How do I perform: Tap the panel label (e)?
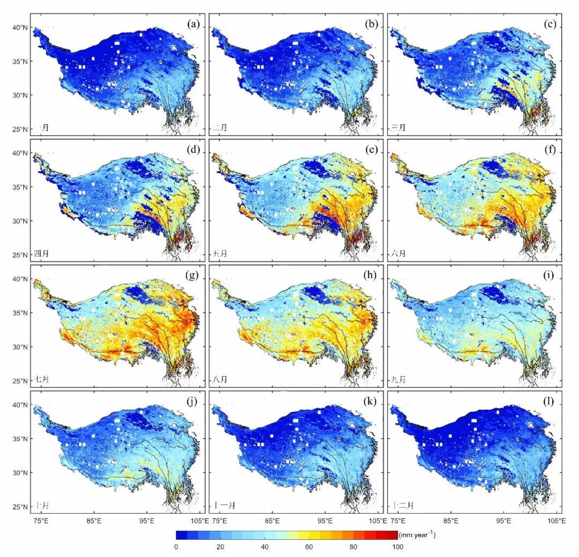click(372, 149)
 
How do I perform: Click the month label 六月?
click(398, 253)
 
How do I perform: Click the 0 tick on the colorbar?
click(176, 546)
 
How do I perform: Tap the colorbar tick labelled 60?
click(309, 546)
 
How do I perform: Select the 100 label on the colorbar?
click(397, 546)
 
